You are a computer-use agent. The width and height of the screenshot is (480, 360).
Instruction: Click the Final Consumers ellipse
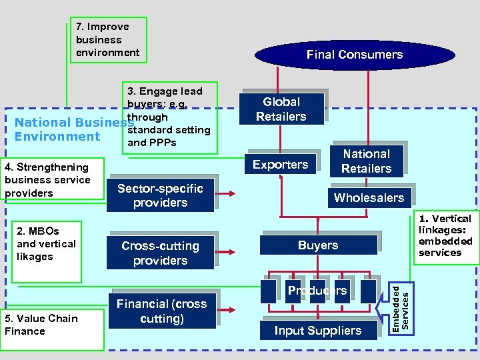point(354,55)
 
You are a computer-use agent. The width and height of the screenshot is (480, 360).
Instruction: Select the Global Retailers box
point(281,109)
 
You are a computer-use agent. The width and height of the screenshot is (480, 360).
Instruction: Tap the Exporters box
point(280,164)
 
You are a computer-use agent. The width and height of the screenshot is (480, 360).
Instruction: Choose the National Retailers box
point(366,161)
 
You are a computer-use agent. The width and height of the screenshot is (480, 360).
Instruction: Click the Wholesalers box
point(369,197)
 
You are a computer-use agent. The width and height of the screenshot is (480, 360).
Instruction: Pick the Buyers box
point(318,245)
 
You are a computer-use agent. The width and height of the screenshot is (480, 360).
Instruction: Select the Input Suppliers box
point(317,331)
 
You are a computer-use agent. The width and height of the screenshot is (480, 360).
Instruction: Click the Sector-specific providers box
point(160,195)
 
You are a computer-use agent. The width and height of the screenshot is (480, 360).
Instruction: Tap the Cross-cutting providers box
point(160,253)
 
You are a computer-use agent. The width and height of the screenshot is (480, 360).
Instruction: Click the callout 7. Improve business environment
point(108,40)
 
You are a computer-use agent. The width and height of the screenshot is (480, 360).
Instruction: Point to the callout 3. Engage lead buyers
point(170,117)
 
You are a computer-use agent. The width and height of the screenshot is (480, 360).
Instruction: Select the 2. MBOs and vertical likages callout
point(47,251)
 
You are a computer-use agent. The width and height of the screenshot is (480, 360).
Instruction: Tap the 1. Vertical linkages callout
point(445,236)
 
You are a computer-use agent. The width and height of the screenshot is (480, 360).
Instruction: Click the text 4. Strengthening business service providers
point(47,180)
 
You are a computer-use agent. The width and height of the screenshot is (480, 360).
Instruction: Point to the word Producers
point(317,291)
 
